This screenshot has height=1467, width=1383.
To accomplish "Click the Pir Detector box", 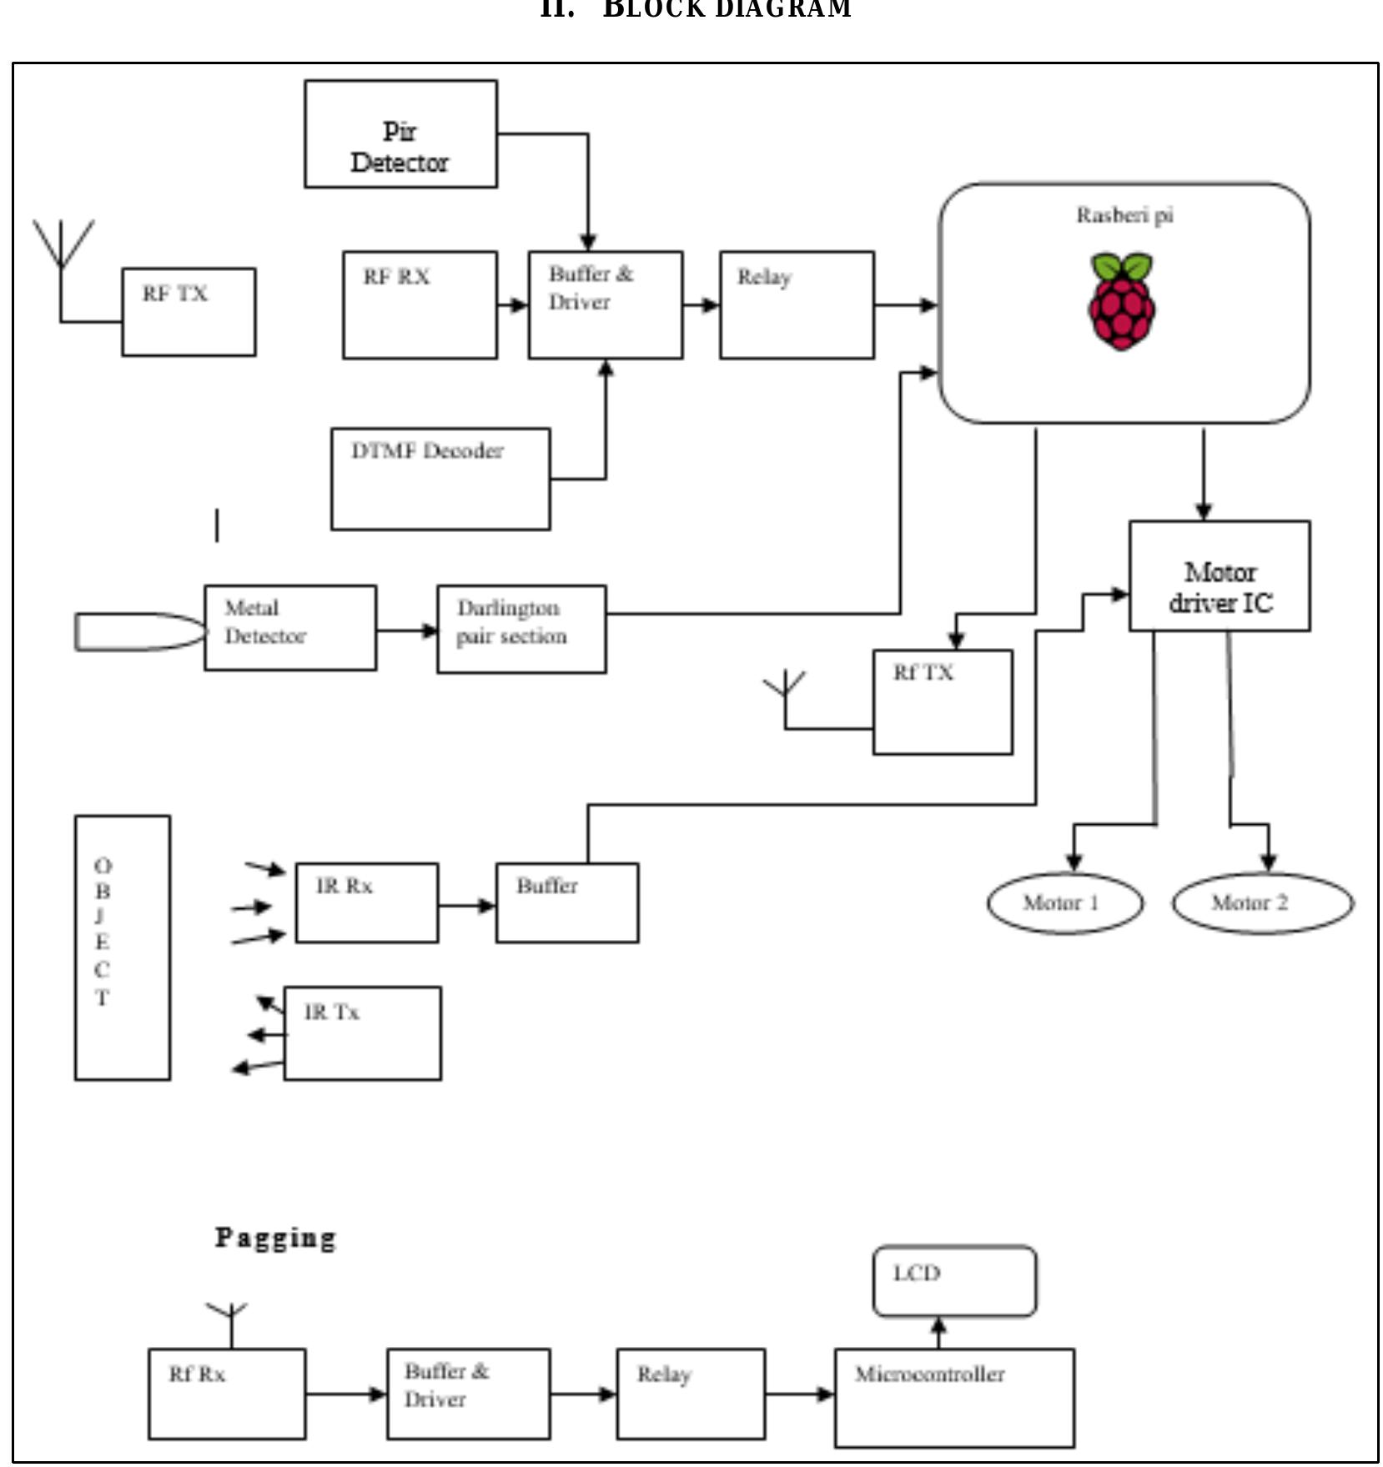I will coord(400,134).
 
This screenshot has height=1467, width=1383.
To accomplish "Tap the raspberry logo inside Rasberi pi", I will coord(1122,301).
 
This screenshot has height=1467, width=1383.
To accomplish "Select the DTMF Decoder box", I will coord(440,479).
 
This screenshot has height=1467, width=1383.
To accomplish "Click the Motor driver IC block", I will coord(1220,576).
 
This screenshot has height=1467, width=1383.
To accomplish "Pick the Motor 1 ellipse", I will coord(1064,902).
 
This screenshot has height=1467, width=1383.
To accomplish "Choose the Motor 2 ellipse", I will coord(1262,902).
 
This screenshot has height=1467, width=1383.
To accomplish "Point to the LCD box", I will coord(954,1281).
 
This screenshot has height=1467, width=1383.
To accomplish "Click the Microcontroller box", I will coord(954,1397).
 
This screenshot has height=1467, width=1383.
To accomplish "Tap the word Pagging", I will coord(275,1238).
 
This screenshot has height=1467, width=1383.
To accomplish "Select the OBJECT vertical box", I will coord(123,947).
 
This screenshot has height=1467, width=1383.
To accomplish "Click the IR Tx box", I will coord(363,1033).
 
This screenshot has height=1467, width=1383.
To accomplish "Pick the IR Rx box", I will coord(367,903).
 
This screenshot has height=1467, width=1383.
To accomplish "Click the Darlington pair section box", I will coord(521,629).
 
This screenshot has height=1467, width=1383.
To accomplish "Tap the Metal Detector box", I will coord(290,627).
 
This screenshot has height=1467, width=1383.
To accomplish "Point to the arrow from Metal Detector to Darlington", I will coord(407,631).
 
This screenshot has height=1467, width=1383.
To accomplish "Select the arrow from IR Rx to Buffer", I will coord(467,905).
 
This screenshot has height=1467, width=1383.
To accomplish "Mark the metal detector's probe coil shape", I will coord(138,631).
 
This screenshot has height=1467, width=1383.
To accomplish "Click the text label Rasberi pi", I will coord(1124,215).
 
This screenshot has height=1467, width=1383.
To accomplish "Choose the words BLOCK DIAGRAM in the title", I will coord(727,9).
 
